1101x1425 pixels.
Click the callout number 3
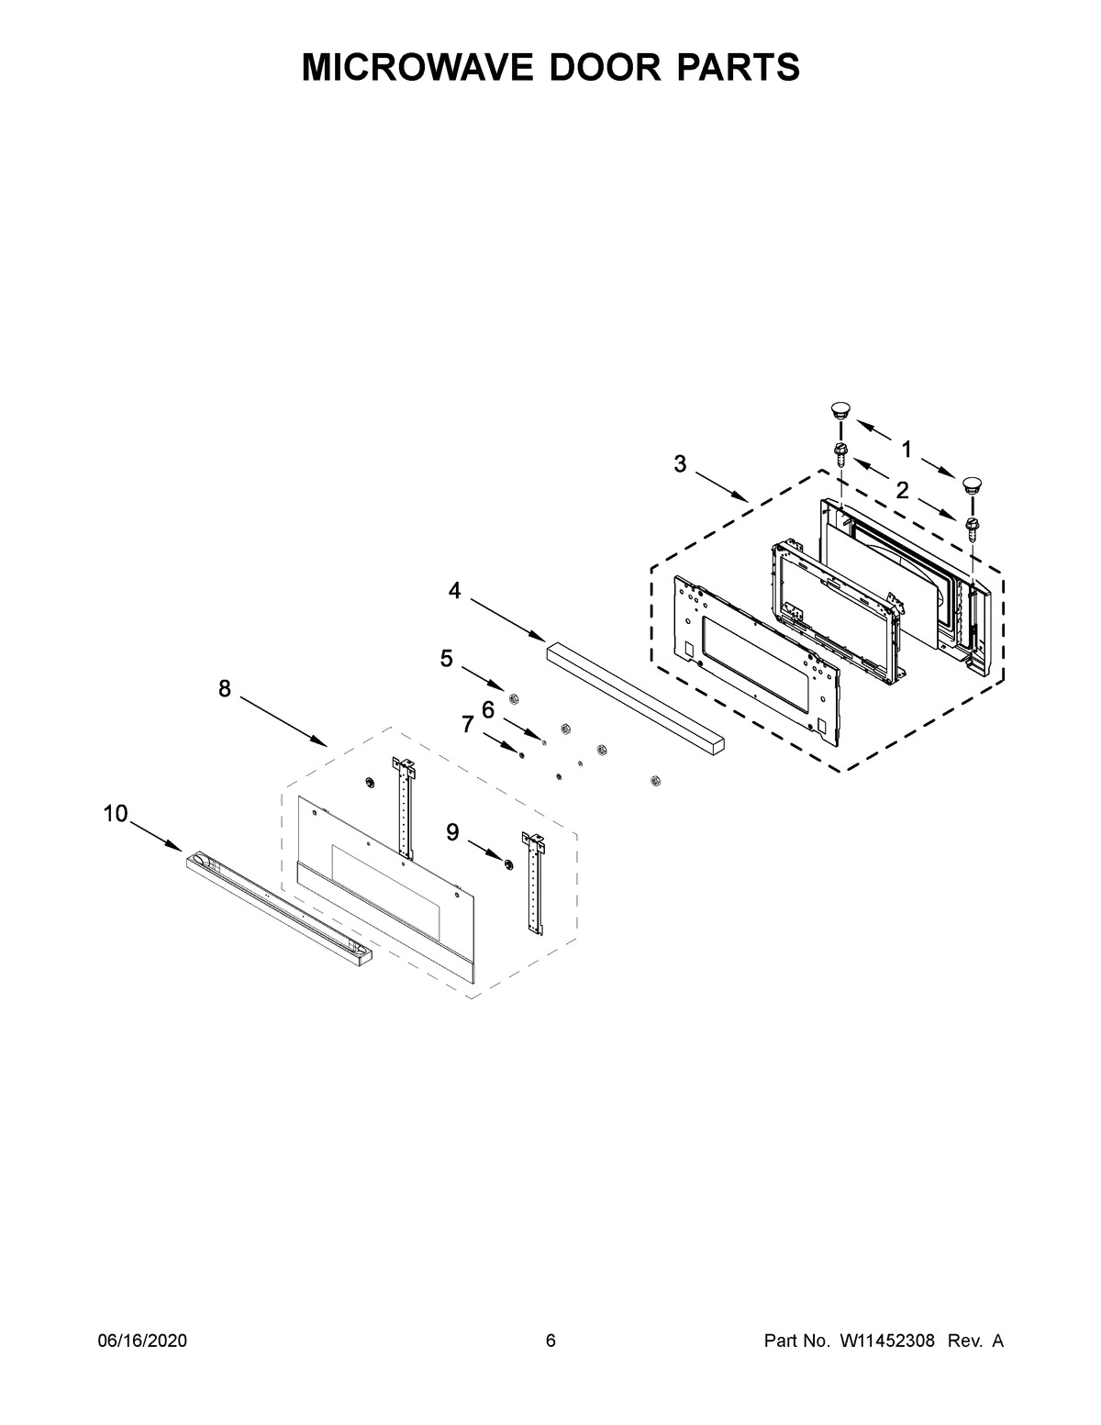(679, 464)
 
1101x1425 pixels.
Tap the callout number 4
(454, 591)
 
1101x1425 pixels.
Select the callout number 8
(225, 688)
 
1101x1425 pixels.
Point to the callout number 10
(115, 813)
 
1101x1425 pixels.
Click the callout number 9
(453, 831)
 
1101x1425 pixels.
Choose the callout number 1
(906, 450)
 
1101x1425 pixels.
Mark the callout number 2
(903, 491)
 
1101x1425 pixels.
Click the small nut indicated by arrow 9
(506, 864)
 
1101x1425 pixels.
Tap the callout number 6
(488, 708)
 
